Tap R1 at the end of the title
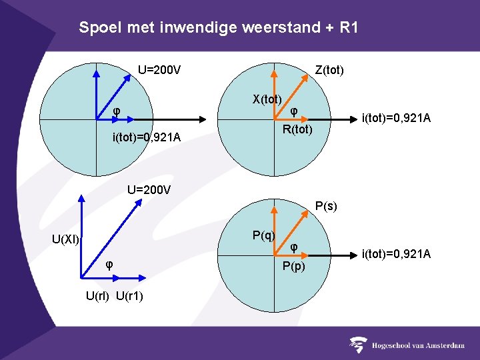348,28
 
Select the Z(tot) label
329,70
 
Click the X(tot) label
267,99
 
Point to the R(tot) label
297,129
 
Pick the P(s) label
326,207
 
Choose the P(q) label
264,235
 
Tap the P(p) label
294,267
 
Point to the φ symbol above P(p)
294,247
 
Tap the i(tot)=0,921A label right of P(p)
396,254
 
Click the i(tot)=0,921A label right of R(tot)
396,119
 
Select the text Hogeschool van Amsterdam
419,345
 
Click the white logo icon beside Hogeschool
359,345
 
